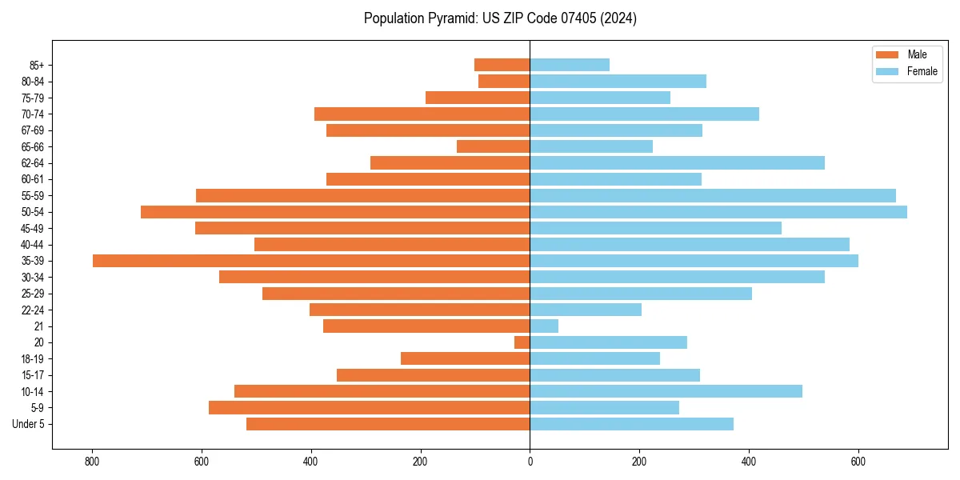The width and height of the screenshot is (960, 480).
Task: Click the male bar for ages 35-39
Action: (x=311, y=261)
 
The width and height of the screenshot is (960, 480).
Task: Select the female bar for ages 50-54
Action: (x=718, y=212)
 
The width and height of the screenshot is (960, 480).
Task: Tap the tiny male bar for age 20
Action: (x=522, y=342)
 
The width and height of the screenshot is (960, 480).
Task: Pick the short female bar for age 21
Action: (x=544, y=326)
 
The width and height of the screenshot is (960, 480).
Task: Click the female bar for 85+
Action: (x=570, y=65)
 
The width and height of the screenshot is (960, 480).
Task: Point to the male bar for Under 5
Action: (x=388, y=424)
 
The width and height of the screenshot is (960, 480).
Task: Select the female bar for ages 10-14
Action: (x=666, y=391)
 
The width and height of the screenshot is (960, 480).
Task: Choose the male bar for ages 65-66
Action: (x=493, y=146)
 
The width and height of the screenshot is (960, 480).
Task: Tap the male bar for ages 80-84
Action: (x=504, y=81)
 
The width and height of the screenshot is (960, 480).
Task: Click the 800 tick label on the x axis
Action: (x=92, y=462)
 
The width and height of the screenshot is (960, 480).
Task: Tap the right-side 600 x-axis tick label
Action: (x=858, y=462)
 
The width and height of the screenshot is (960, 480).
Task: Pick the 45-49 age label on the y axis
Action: (x=32, y=228)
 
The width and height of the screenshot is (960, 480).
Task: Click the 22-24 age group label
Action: (x=32, y=310)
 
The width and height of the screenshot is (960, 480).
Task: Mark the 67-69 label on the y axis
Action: (x=32, y=130)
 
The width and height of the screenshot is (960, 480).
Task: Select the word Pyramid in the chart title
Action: (x=450, y=18)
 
